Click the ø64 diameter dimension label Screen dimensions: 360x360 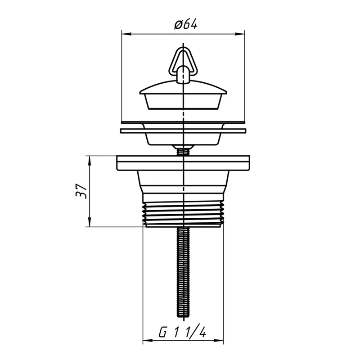pos(185,25)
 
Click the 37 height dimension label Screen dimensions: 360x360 pos(81,191)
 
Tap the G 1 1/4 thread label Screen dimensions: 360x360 pos(183,332)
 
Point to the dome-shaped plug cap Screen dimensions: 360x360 pos(183,87)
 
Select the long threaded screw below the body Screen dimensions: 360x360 pos(183,272)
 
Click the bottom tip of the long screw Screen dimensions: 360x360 pos(183,317)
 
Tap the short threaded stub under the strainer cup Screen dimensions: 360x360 pos(183,152)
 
